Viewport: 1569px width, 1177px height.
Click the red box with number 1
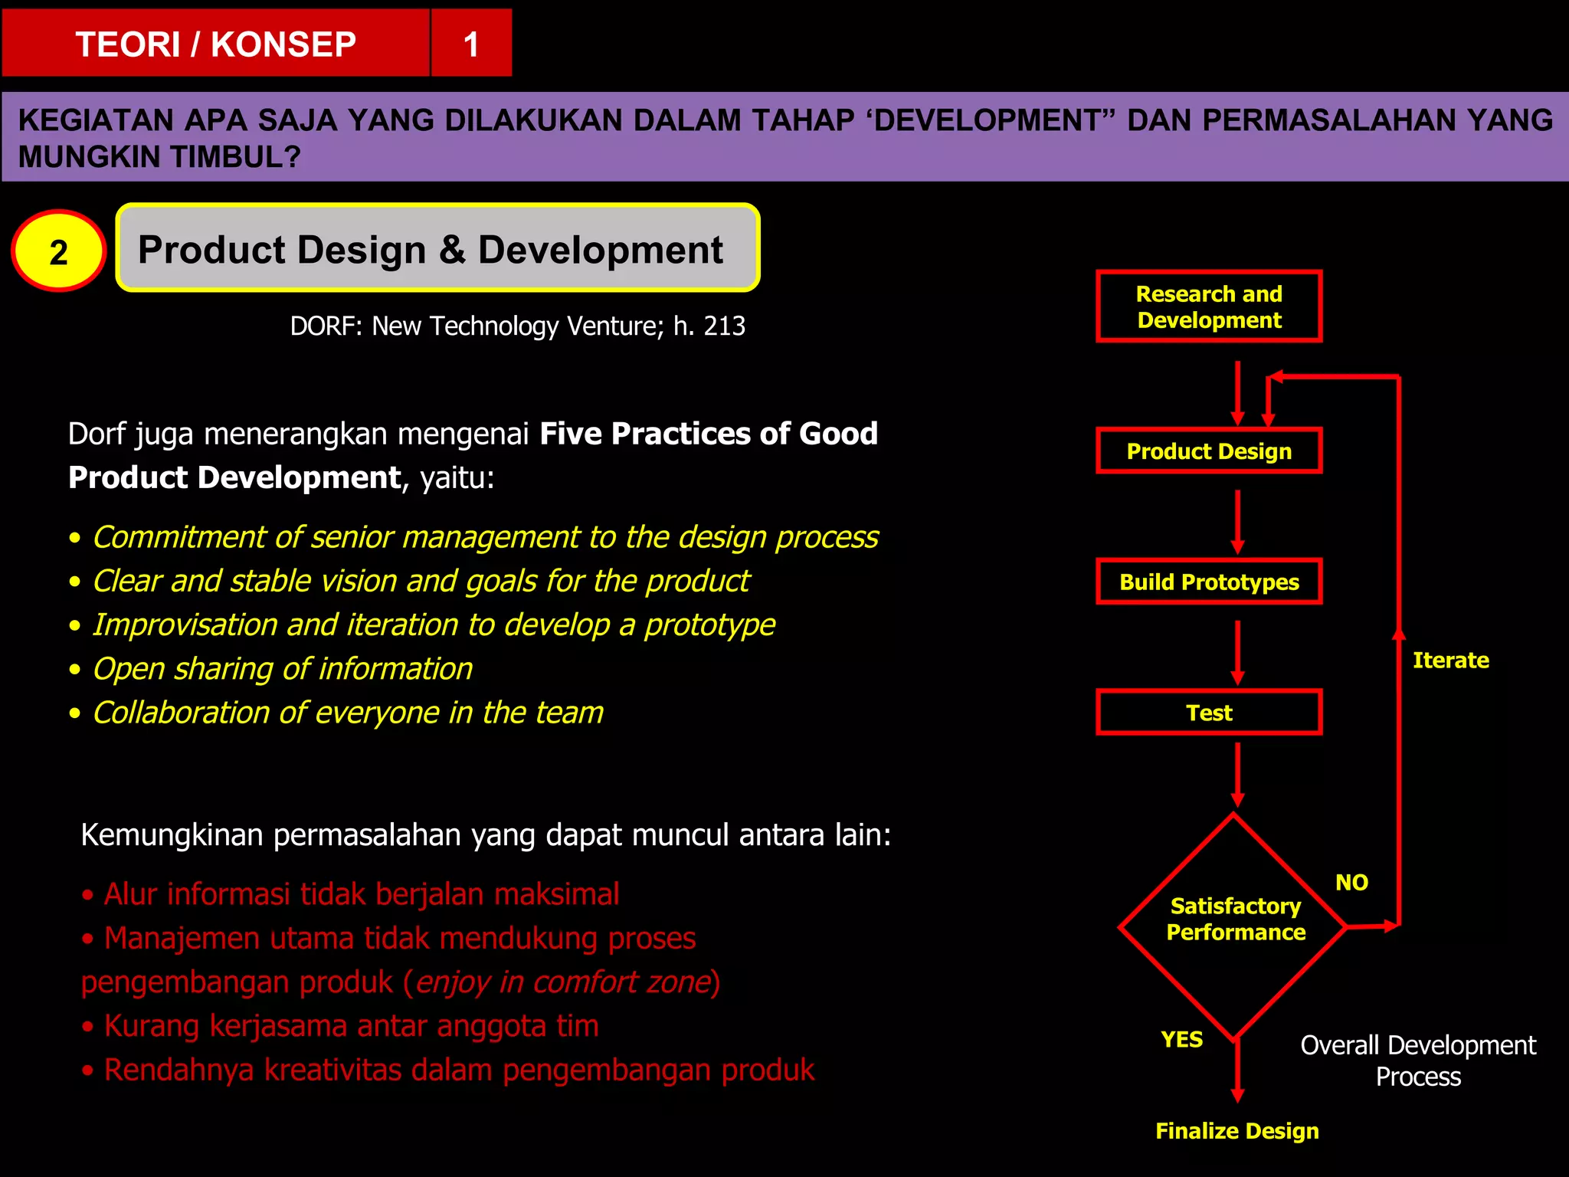click(x=471, y=44)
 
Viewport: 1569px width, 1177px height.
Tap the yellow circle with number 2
click(x=58, y=251)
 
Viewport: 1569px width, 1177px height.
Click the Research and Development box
click(x=1209, y=307)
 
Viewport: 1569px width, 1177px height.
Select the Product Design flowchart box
click(x=1209, y=451)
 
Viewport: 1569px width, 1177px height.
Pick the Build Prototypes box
click(x=1209, y=582)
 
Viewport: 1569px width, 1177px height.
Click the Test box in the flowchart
click(x=1209, y=713)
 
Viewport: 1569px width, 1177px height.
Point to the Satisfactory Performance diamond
click(x=1234, y=920)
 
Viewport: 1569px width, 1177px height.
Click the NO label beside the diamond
click(x=1351, y=882)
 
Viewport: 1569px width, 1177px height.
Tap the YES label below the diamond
click(x=1181, y=1039)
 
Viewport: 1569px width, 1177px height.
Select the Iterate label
click(x=1450, y=660)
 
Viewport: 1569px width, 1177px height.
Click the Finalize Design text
click(x=1237, y=1130)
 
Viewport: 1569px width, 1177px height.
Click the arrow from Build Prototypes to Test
click(x=1237, y=651)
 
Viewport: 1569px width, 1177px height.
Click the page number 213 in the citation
click(x=724, y=326)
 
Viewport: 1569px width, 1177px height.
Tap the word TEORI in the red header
click(x=127, y=44)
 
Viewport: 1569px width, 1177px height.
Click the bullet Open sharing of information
click(x=282, y=668)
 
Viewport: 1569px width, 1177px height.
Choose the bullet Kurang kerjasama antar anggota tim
click(x=351, y=1025)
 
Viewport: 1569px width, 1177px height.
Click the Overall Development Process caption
click(x=1417, y=1061)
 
